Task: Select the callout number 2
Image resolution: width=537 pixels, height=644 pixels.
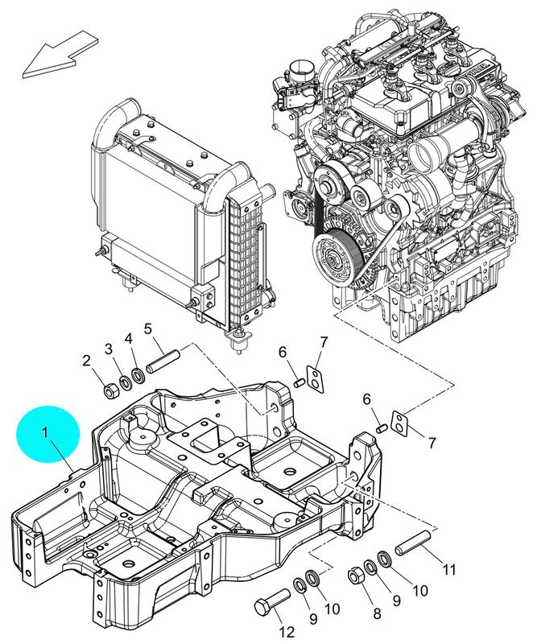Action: point(87,361)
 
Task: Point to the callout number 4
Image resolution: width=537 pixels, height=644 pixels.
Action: point(129,341)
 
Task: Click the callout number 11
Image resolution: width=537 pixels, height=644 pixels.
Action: point(447,569)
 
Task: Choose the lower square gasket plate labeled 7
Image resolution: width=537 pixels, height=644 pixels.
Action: point(399,419)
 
